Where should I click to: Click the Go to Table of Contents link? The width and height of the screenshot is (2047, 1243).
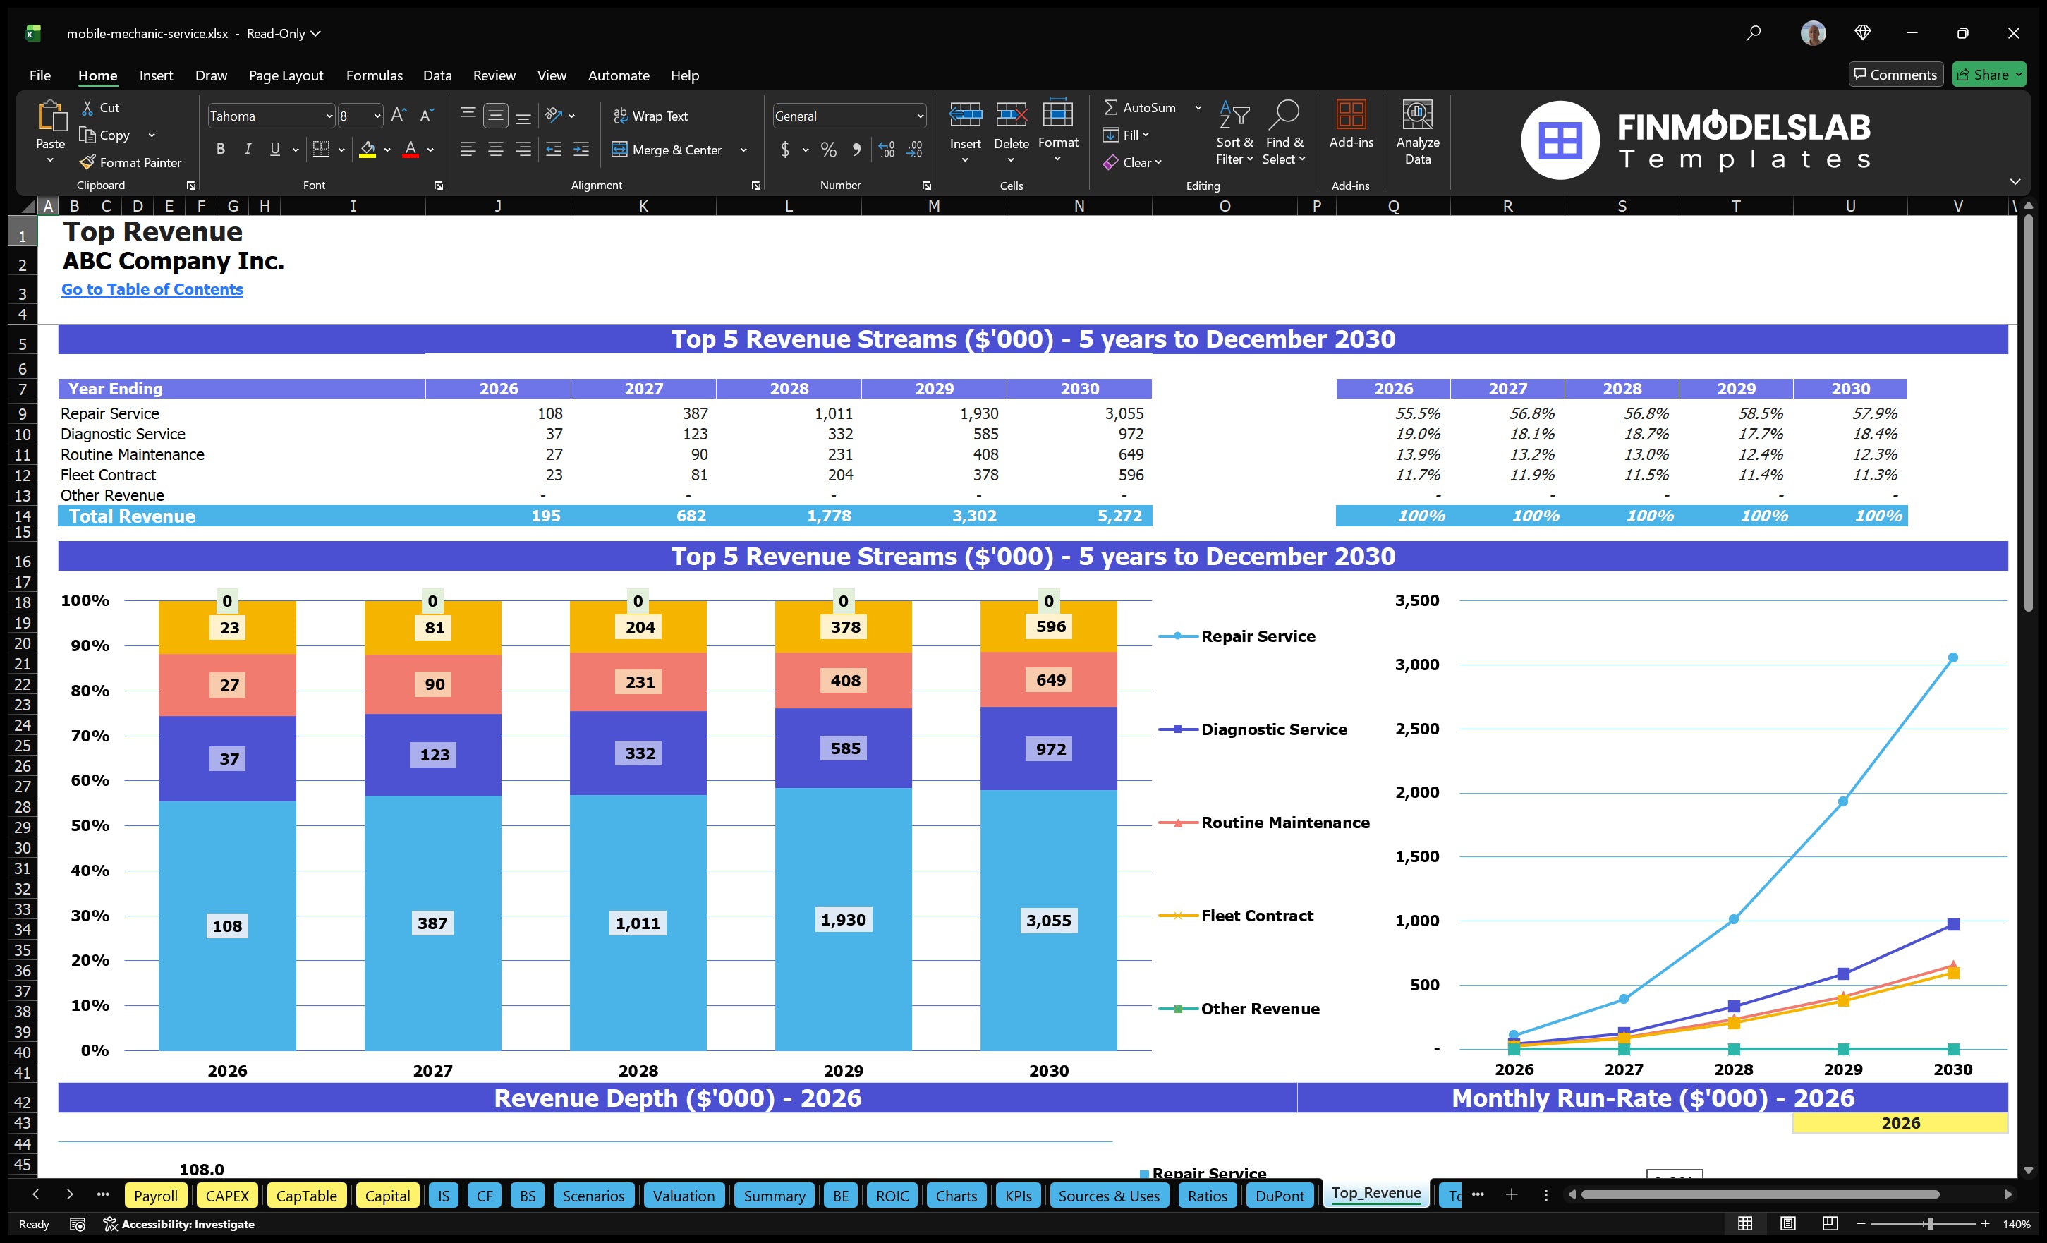click(x=152, y=289)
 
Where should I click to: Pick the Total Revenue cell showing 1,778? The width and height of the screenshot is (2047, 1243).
click(x=828, y=516)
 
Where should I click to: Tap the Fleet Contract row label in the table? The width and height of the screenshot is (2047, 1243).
click(x=108, y=475)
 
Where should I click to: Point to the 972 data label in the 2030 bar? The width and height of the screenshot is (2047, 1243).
click(x=1050, y=748)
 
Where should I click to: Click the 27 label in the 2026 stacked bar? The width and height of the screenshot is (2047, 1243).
click(x=229, y=685)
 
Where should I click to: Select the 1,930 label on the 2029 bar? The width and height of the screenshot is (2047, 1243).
click(x=842, y=920)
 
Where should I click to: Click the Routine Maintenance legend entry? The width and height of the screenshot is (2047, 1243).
click(x=1284, y=823)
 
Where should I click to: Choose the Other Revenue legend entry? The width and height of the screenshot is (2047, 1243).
click(x=1259, y=1009)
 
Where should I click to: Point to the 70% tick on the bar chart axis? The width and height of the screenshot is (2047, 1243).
click(x=90, y=735)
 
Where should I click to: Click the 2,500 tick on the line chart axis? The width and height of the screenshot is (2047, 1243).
click(x=1416, y=729)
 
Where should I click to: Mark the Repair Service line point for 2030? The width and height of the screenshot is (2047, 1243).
click(x=1952, y=657)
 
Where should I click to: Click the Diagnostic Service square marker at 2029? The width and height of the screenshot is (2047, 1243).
click(x=1842, y=973)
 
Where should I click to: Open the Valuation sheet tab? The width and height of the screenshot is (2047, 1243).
click(x=683, y=1196)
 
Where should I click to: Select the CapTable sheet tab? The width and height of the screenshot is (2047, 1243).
click(x=305, y=1196)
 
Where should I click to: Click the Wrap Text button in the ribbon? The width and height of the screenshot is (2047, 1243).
click(x=650, y=116)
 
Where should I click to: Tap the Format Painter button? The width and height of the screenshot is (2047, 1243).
click(x=130, y=163)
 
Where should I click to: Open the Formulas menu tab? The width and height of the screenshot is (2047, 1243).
click(x=374, y=75)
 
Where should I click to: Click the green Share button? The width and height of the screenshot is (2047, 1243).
click(x=1988, y=75)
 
